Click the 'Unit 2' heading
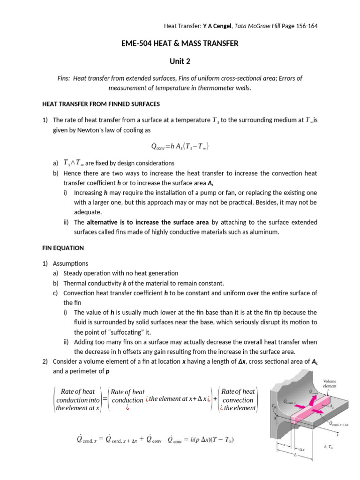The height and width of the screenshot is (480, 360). pyautogui.click(x=180, y=60)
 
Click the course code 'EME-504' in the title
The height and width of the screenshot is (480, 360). pyautogui.click(x=135, y=44)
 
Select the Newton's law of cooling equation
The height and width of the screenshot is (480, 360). pyautogui.click(x=180, y=147)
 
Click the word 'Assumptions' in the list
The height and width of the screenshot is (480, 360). pyautogui.click(x=70, y=263)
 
